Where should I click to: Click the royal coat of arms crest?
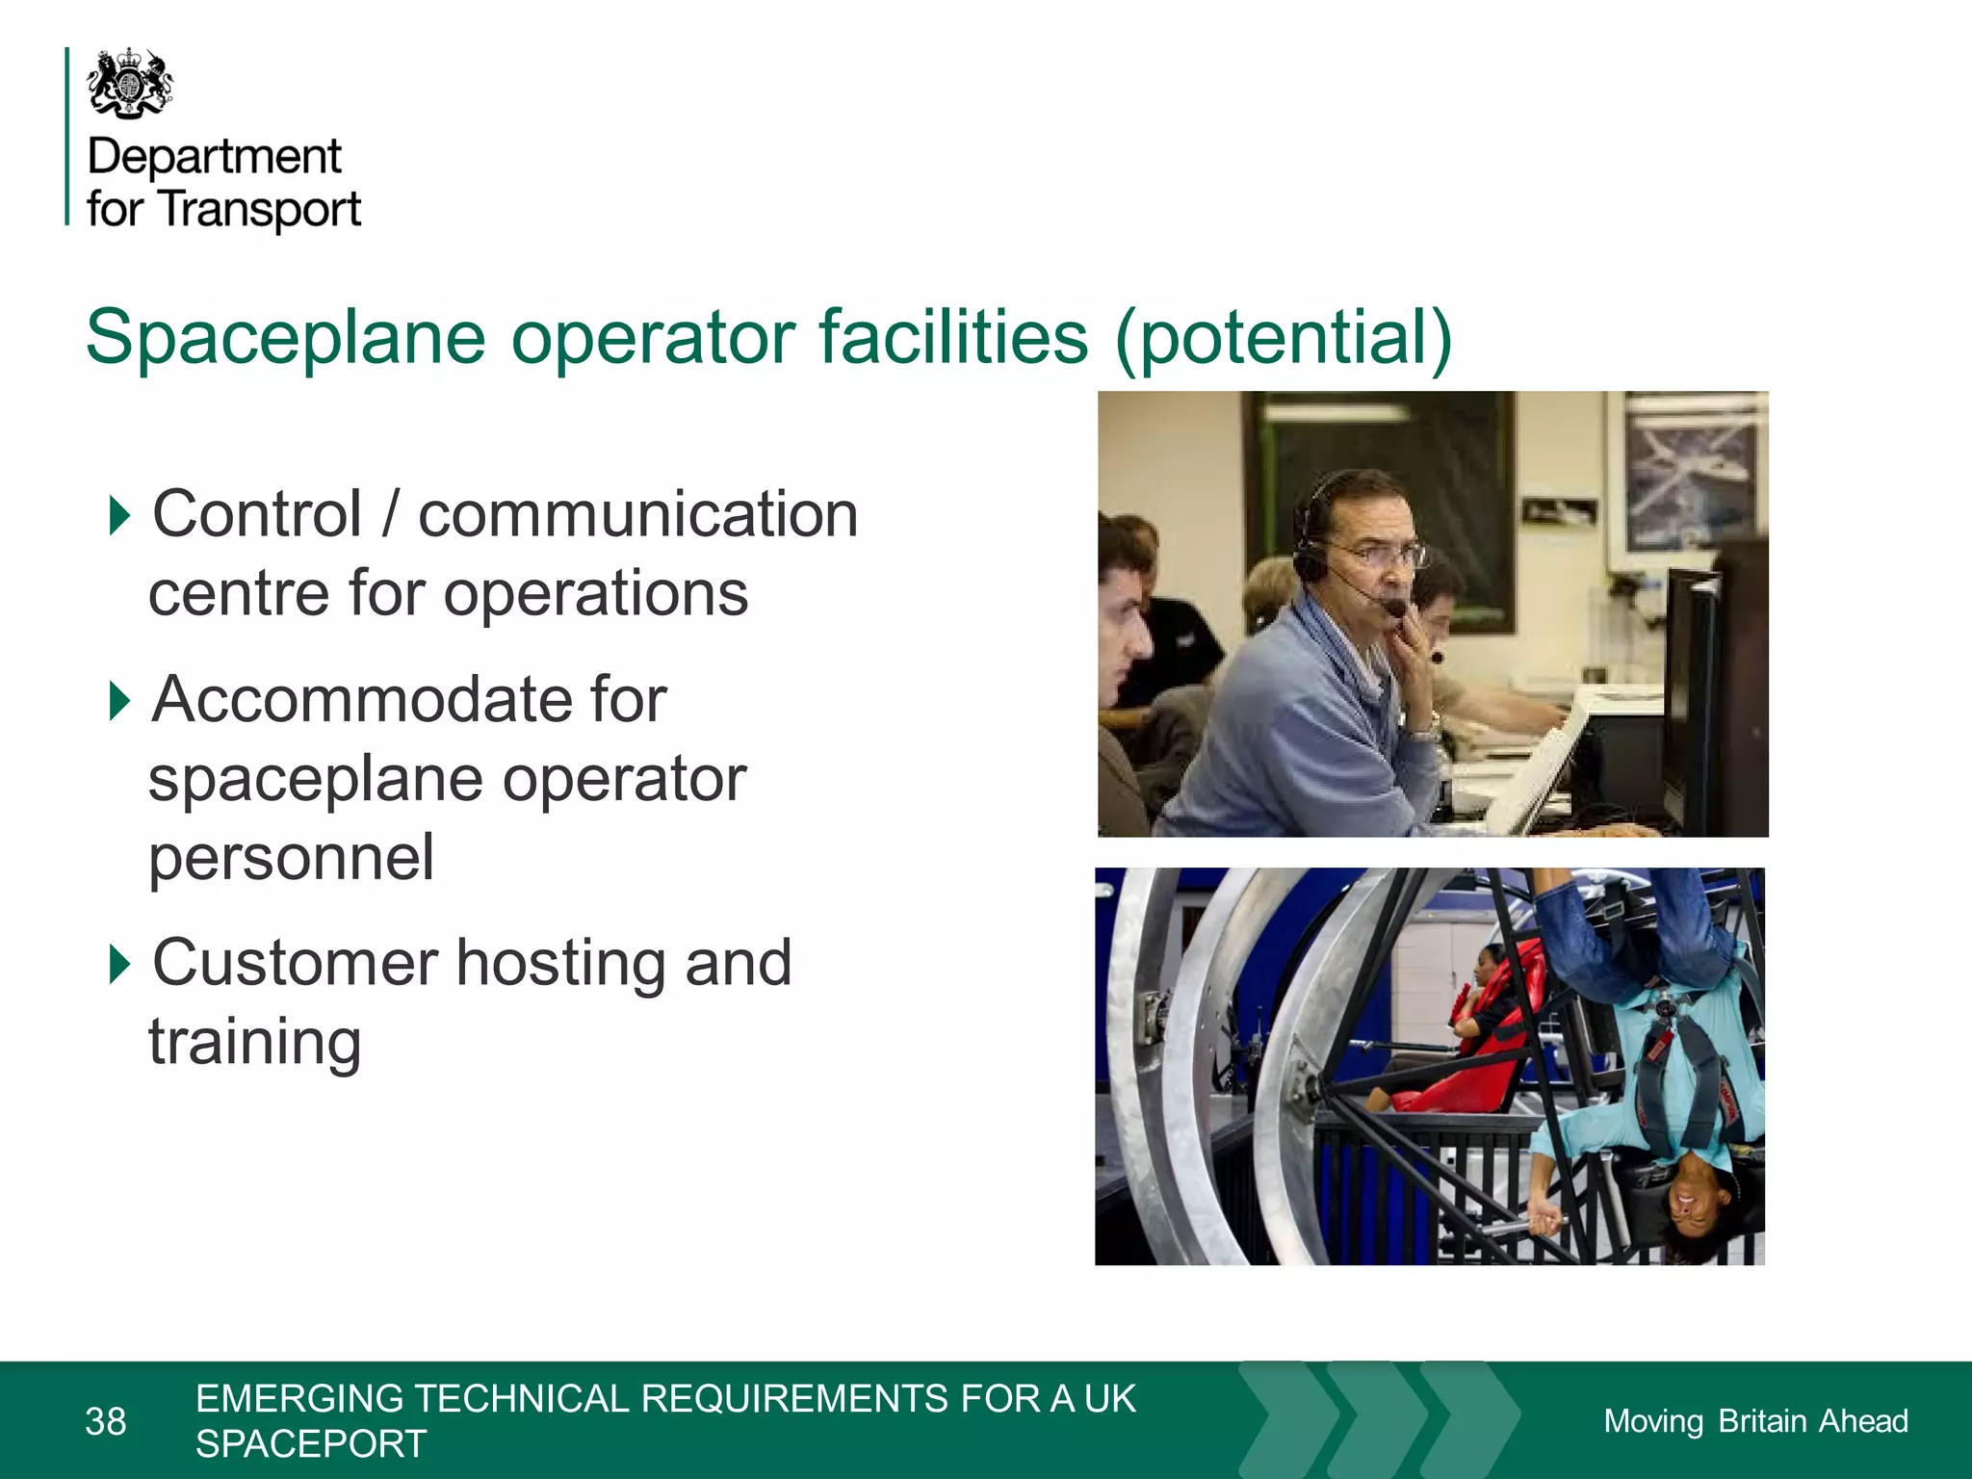pyautogui.click(x=130, y=84)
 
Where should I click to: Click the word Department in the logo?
pyautogui.click(x=214, y=156)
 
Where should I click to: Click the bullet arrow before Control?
pyautogui.click(x=119, y=515)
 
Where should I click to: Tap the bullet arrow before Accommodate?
pyautogui.click(x=119, y=700)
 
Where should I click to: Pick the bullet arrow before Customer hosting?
pyautogui.click(x=119, y=964)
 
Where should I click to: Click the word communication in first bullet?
pyautogui.click(x=637, y=514)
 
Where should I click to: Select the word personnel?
pyautogui.click(x=291, y=857)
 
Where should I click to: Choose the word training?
pyautogui.click(x=255, y=1042)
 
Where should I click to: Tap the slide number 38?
pyautogui.click(x=106, y=1421)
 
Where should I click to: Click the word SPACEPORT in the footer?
pyautogui.click(x=311, y=1444)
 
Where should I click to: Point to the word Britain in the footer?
pyautogui.click(x=1762, y=1421)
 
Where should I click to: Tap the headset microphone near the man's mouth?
pyautogui.click(x=1392, y=607)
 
